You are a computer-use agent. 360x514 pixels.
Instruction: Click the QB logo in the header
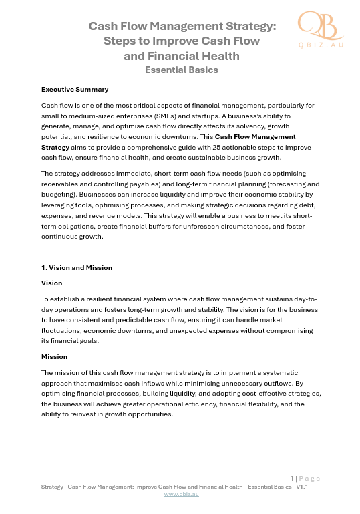click(x=319, y=25)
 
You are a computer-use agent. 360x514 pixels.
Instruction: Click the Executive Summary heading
click(x=75, y=89)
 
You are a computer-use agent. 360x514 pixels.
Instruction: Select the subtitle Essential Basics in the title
click(x=182, y=70)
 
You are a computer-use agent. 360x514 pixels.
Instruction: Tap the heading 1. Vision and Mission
click(x=77, y=267)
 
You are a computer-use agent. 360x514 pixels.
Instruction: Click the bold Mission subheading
click(x=54, y=356)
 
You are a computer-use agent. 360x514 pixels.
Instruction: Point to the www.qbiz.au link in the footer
click(x=182, y=494)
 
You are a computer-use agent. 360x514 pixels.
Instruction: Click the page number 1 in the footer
click(x=292, y=478)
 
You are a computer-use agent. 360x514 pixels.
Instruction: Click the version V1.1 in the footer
click(x=301, y=487)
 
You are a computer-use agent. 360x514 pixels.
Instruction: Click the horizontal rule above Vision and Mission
click(x=182, y=255)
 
